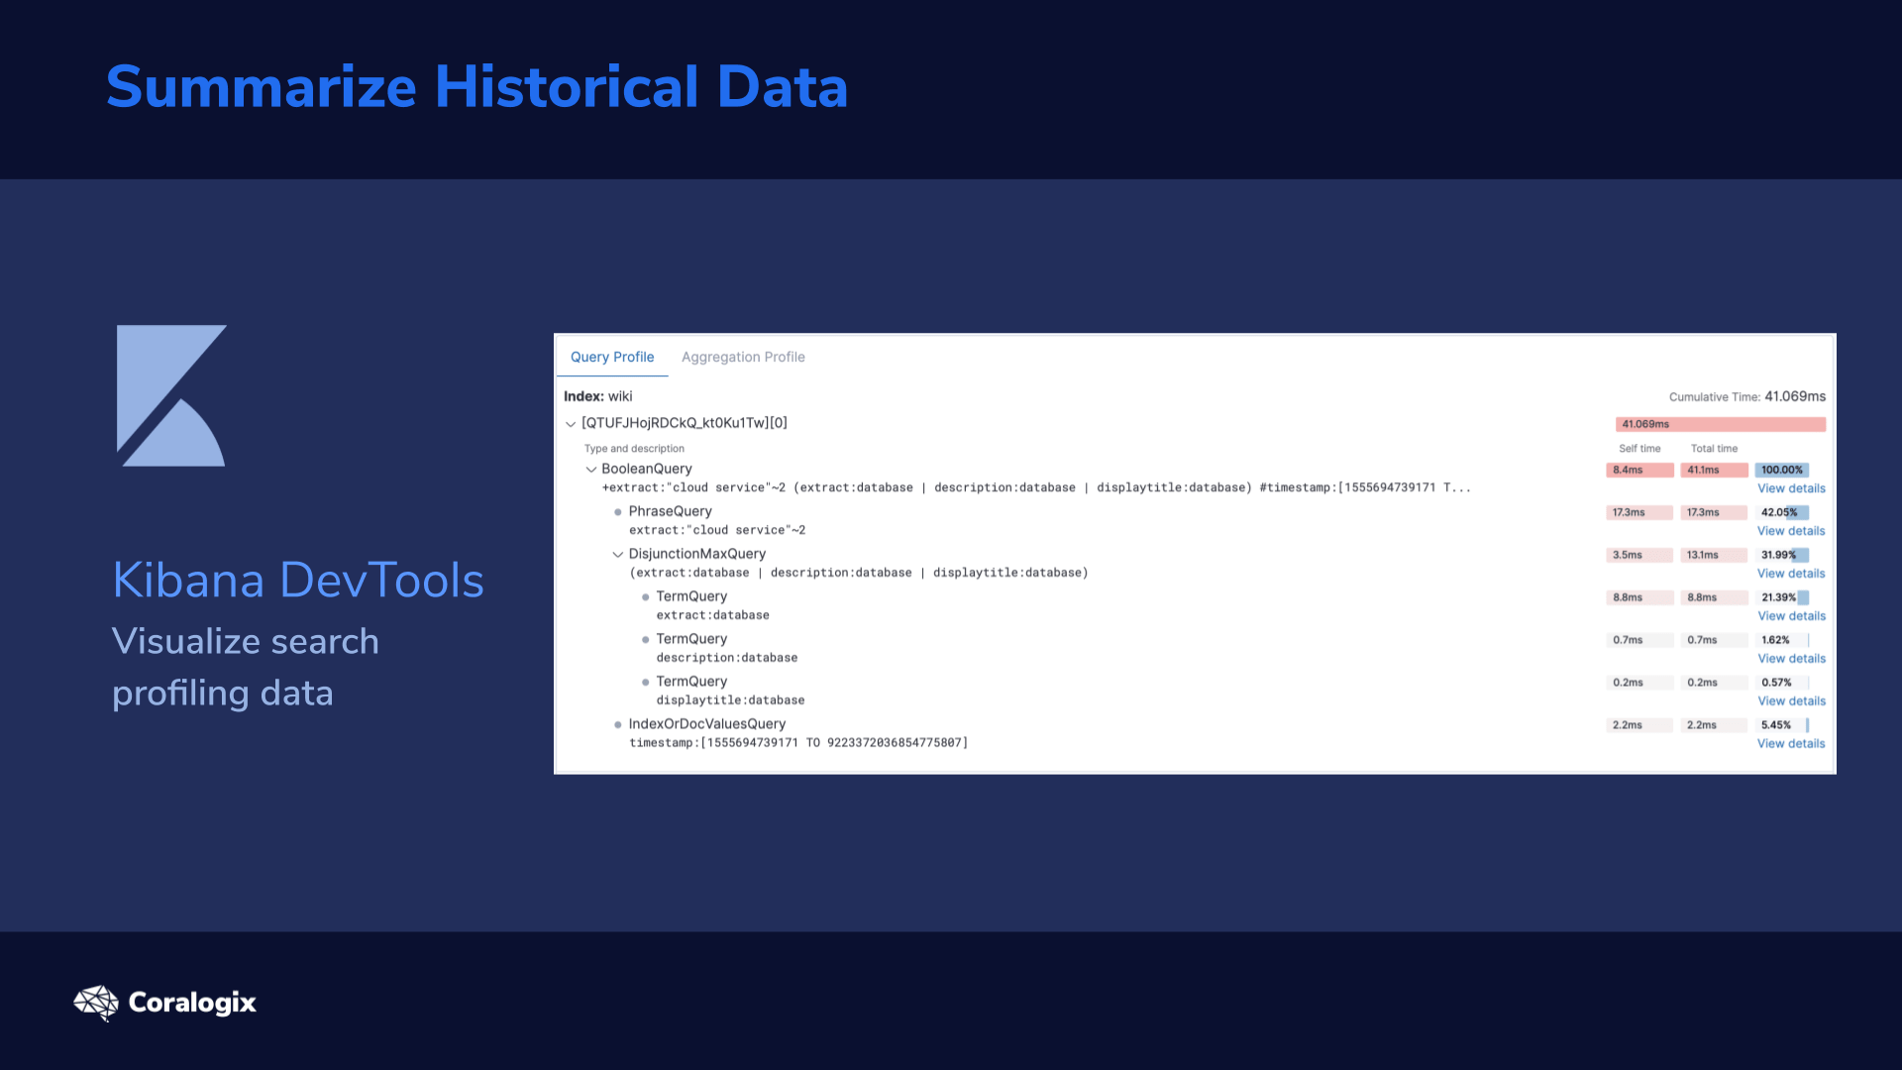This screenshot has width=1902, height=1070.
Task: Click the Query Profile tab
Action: [612, 357]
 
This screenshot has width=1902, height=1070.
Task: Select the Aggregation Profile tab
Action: [743, 357]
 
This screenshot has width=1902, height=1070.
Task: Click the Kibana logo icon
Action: [171, 395]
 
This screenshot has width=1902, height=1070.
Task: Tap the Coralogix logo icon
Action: [96, 1003]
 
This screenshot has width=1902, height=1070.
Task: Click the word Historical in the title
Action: [568, 86]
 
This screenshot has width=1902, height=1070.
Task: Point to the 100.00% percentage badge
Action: [1782, 470]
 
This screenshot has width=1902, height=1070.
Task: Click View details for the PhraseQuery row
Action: [1791, 531]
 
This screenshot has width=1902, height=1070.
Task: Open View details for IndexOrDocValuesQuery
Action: [1791, 744]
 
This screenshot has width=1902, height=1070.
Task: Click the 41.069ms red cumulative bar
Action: [1721, 424]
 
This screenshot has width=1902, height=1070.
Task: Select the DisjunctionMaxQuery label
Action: [697, 554]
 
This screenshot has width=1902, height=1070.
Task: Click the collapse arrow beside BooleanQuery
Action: [591, 470]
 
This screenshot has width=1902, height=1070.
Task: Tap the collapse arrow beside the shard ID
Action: [571, 424]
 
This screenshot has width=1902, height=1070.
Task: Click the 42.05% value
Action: [1779, 512]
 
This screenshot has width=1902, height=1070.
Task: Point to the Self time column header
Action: [1639, 449]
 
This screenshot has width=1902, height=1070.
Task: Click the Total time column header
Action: [1714, 449]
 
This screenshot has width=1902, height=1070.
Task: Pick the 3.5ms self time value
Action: [1627, 555]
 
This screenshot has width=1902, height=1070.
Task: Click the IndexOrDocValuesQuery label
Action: [707, 724]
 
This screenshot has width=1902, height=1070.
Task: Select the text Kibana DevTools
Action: [298, 580]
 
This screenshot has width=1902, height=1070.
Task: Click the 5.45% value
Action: [1776, 725]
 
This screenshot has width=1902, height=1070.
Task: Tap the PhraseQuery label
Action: [671, 511]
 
